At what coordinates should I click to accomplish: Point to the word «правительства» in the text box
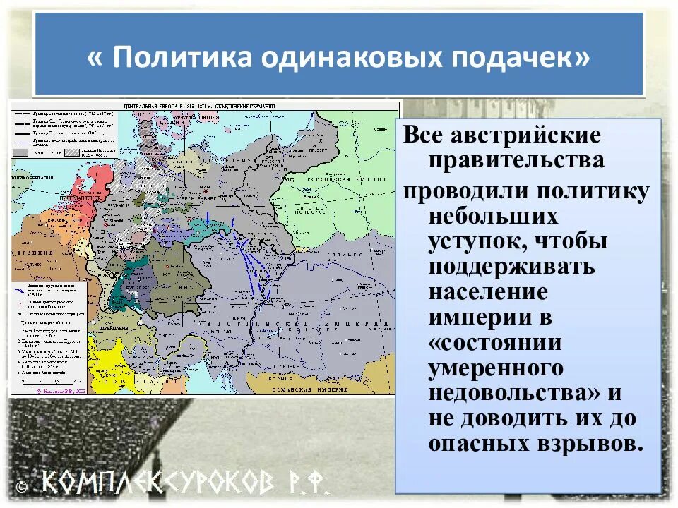click(x=516, y=160)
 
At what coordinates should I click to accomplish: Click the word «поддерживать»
click(x=511, y=267)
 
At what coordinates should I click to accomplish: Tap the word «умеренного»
click(x=496, y=369)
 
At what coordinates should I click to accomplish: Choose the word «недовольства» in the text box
click(x=513, y=393)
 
